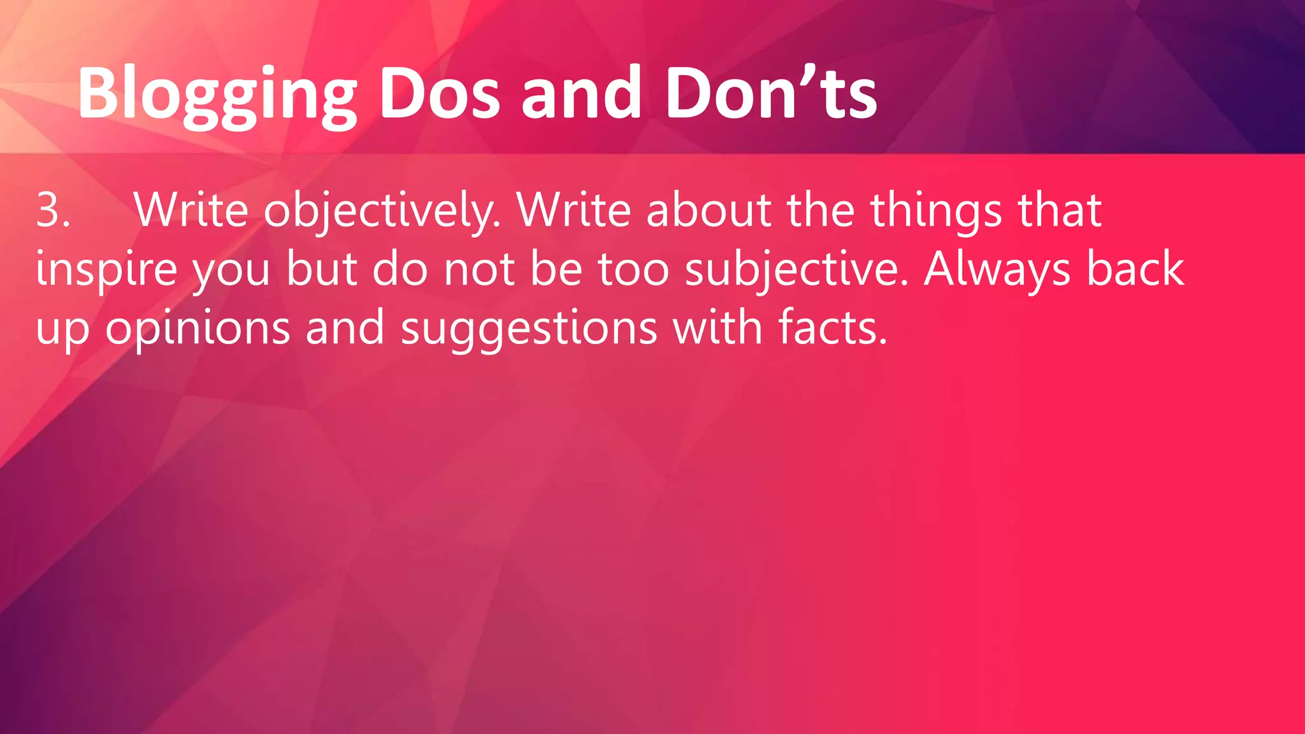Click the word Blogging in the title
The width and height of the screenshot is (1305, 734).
click(217, 96)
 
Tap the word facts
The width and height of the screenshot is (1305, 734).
click(832, 327)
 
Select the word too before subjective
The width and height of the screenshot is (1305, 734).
click(633, 269)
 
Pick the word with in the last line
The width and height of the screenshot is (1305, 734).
click(717, 327)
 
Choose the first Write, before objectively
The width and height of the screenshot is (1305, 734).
click(191, 210)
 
